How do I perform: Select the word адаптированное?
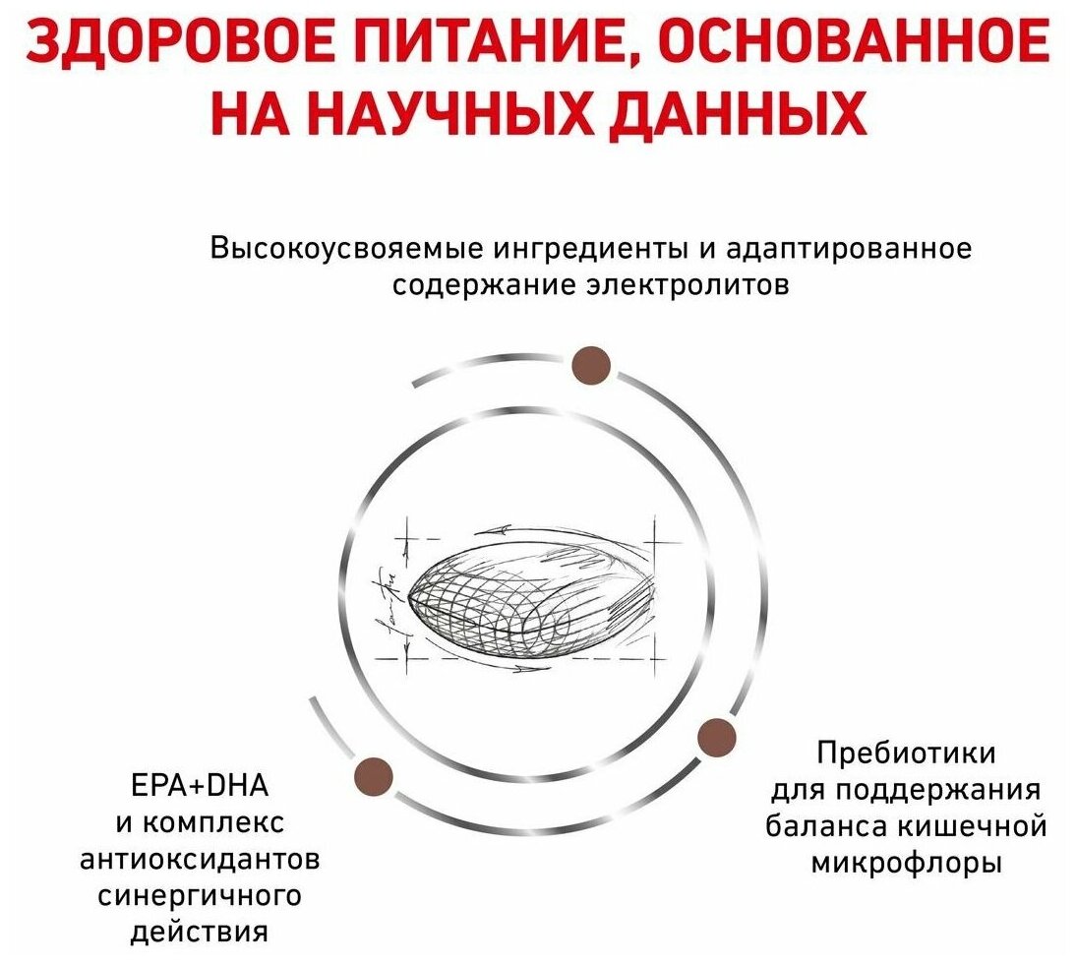tap(848, 249)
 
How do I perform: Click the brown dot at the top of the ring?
tap(592, 366)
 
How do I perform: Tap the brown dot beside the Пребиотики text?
tap(716, 737)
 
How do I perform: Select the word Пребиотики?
tap(906, 754)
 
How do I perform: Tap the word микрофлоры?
tap(906, 864)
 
